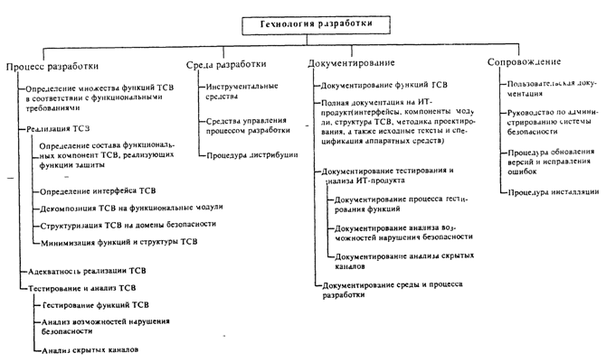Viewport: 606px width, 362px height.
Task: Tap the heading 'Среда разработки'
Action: pyautogui.click(x=227, y=65)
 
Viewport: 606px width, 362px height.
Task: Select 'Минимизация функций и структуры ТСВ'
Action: pyautogui.click(x=118, y=242)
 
